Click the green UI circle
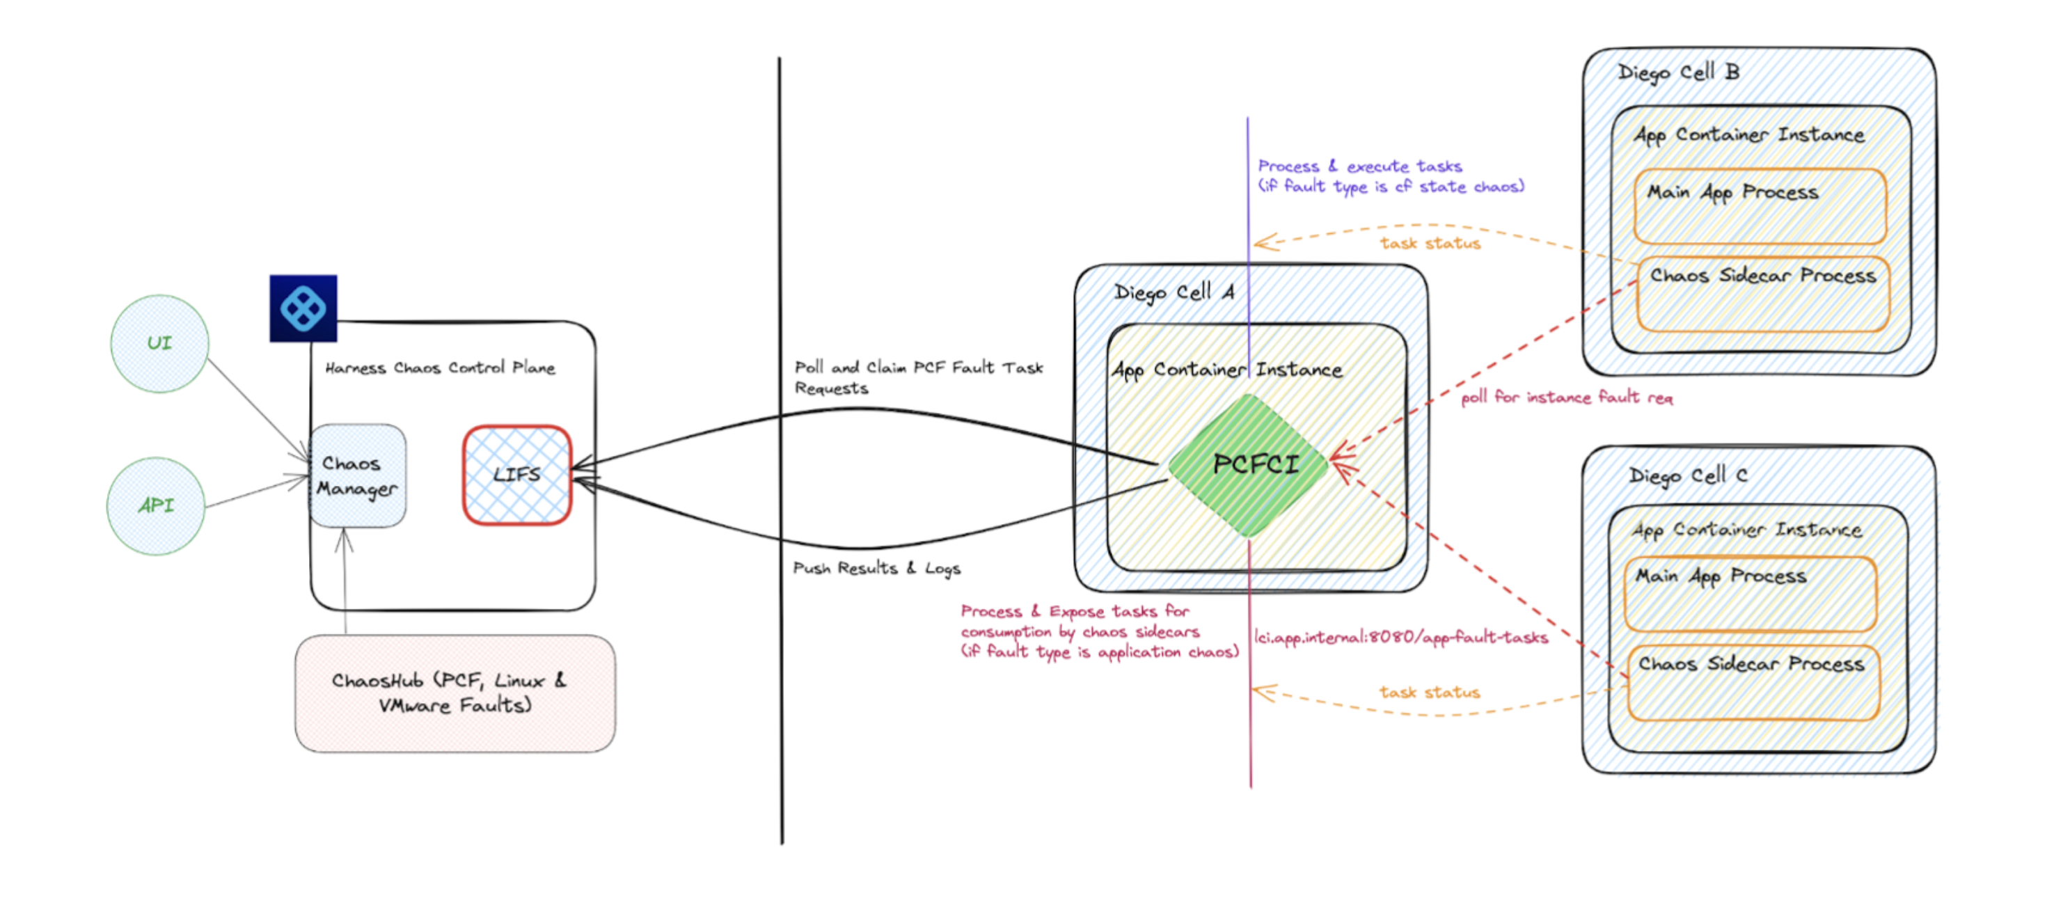point(159,344)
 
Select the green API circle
point(156,506)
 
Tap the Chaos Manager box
point(358,476)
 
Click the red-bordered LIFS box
point(516,475)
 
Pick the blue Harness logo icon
point(303,308)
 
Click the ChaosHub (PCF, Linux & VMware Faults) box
point(455,693)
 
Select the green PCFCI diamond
point(1249,465)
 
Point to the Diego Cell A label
point(1174,292)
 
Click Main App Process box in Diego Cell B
point(1760,207)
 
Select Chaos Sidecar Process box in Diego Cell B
point(1762,294)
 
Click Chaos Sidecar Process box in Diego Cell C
point(1753,683)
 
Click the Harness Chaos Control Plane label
point(440,368)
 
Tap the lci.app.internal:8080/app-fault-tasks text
point(1400,638)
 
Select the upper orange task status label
point(1430,244)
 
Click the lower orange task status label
point(1430,693)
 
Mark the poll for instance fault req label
point(1566,397)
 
